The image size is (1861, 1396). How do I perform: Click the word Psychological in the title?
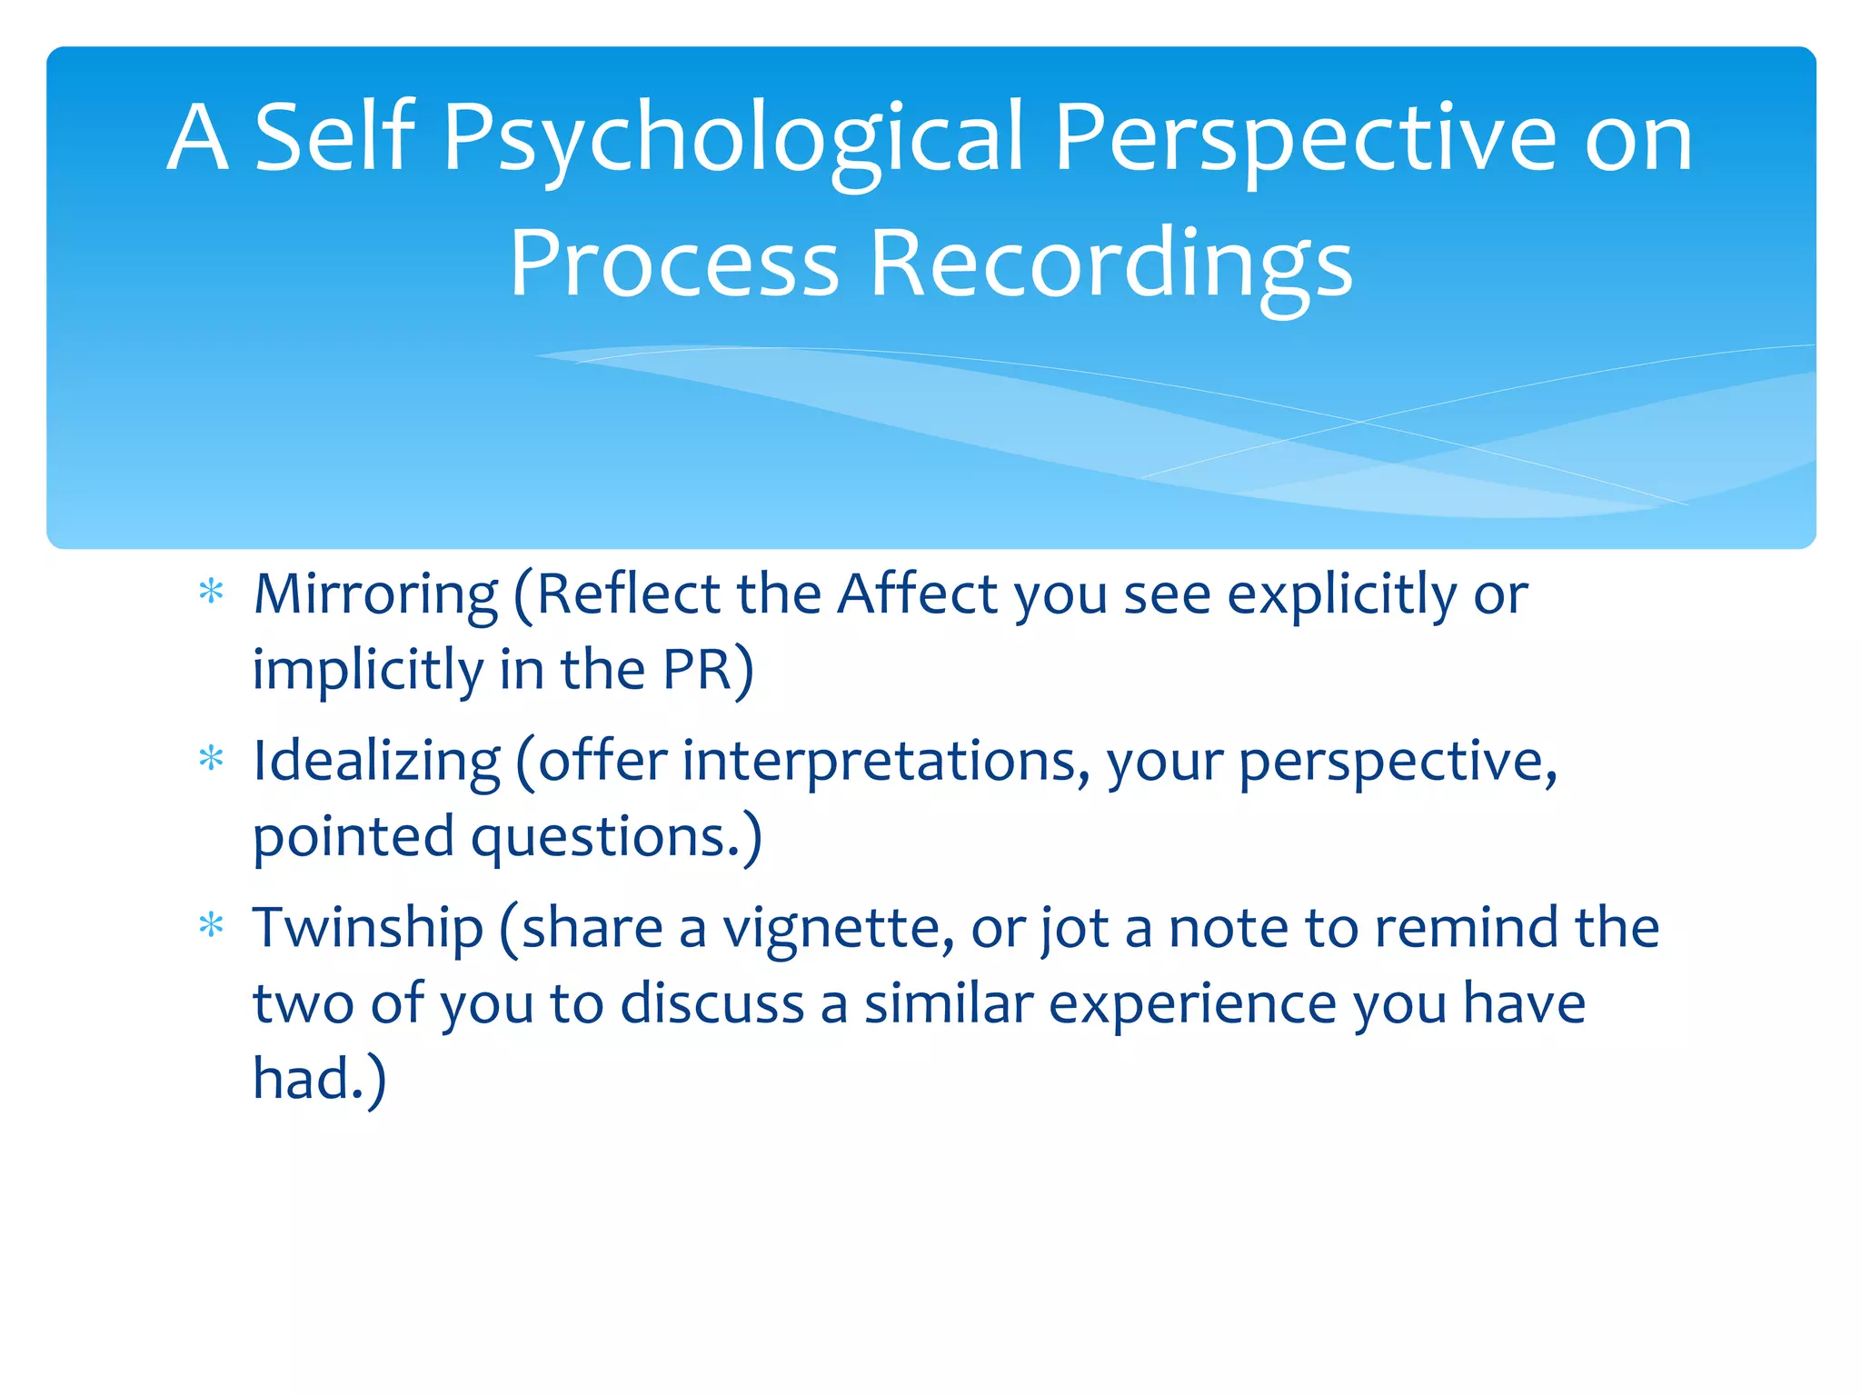click(734, 138)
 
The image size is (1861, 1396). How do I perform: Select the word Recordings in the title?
click(1110, 264)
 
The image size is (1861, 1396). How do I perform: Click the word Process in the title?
click(673, 264)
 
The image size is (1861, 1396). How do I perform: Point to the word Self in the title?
click(333, 138)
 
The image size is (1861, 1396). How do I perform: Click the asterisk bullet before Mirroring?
click(211, 593)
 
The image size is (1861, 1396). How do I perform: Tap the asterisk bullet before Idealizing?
click(211, 758)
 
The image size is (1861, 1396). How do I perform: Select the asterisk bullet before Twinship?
click(211, 925)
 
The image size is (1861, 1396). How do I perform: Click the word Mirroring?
click(375, 594)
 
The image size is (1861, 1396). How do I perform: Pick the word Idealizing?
click(376, 761)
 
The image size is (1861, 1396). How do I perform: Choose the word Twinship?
click(367, 928)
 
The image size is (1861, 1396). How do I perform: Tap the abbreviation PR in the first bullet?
click(697, 670)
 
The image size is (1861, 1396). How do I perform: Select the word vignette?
click(838, 928)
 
